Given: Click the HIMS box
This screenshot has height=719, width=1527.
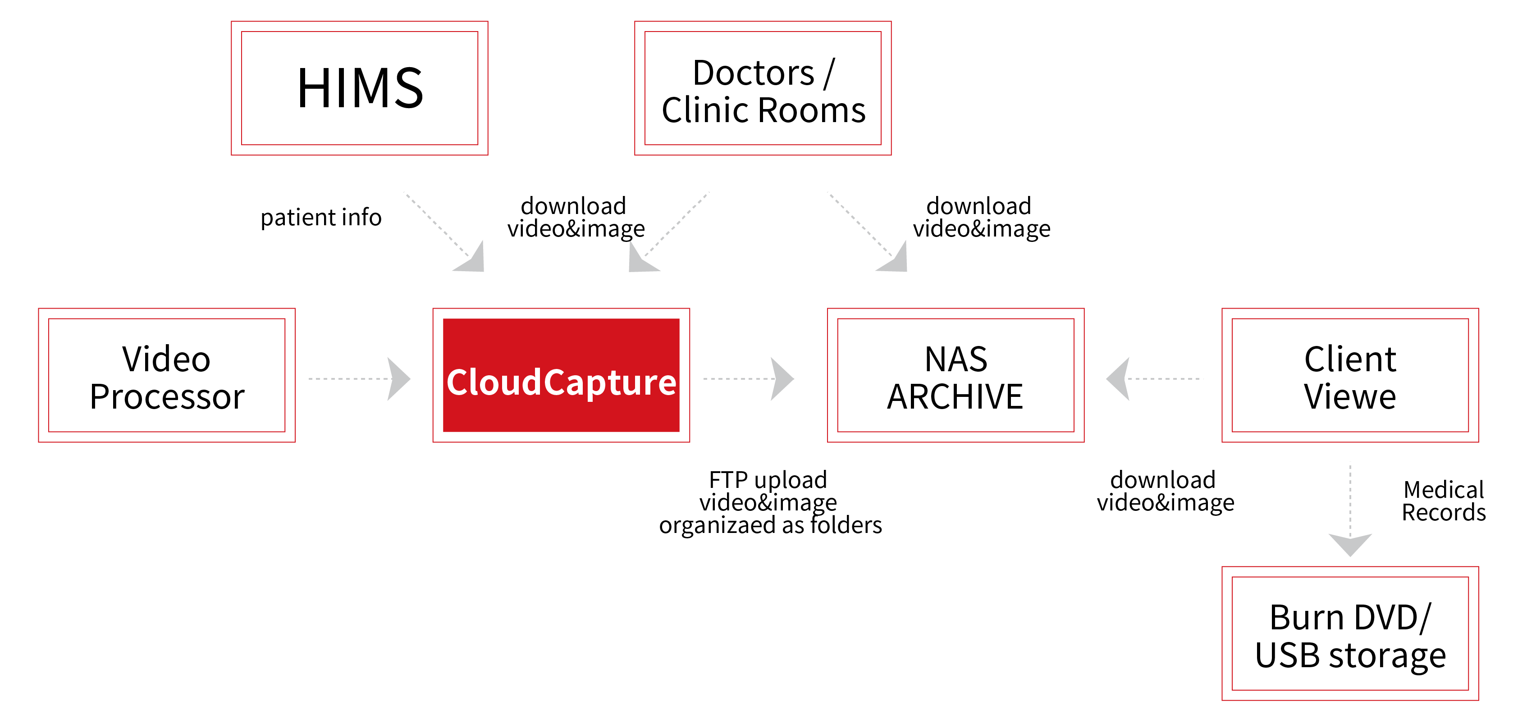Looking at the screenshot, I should point(359,88).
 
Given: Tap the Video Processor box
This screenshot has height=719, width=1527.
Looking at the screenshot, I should point(167,375).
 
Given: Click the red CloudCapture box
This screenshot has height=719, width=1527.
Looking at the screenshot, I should point(561,375).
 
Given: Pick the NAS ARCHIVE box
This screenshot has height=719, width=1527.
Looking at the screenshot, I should point(955,375).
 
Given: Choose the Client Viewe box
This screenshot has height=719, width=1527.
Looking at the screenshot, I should point(1350,375).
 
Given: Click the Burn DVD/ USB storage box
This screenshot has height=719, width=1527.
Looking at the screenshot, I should point(1350,633).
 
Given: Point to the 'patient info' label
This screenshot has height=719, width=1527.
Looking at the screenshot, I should point(321,218).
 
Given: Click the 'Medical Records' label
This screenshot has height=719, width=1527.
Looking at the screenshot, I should point(1444,501).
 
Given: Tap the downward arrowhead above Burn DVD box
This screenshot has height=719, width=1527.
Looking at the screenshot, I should point(1350,543).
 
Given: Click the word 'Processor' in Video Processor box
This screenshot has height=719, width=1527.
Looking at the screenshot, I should point(167,396).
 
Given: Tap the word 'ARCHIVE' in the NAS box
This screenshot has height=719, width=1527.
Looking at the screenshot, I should point(955,396).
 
